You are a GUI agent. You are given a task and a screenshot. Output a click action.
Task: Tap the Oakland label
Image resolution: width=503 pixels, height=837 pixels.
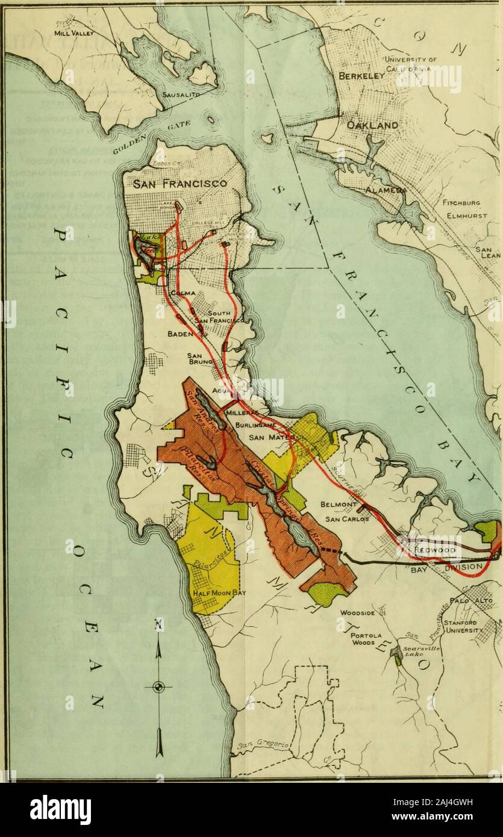tap(372, 126)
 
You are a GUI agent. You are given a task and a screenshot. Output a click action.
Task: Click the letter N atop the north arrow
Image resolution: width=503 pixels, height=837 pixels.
tap(158, 627)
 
